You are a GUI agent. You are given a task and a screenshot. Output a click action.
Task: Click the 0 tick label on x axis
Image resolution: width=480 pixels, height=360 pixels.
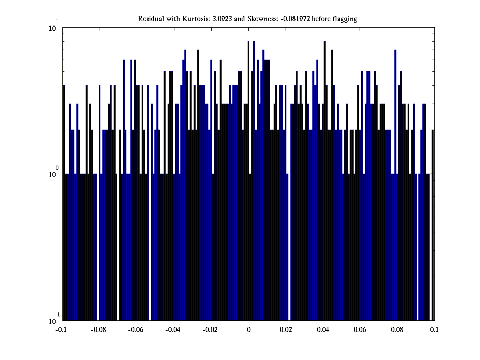(x=248, y=330)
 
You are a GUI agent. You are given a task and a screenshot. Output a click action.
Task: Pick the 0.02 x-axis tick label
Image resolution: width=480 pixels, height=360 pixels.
(x=286, y=330)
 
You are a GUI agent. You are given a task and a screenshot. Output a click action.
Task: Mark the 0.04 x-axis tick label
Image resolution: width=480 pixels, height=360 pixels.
(x=323, y=330)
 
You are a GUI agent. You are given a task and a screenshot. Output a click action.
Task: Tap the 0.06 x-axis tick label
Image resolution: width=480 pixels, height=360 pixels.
(x=360, y=330)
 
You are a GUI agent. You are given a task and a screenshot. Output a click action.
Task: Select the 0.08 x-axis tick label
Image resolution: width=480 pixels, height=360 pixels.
(x=397, y=330)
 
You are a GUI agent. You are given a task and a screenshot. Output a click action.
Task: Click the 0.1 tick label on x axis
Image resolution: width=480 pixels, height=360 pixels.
(x=434, y=330)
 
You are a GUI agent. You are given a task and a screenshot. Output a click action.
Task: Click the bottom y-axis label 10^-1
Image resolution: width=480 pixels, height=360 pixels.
(x=53, y=320)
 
